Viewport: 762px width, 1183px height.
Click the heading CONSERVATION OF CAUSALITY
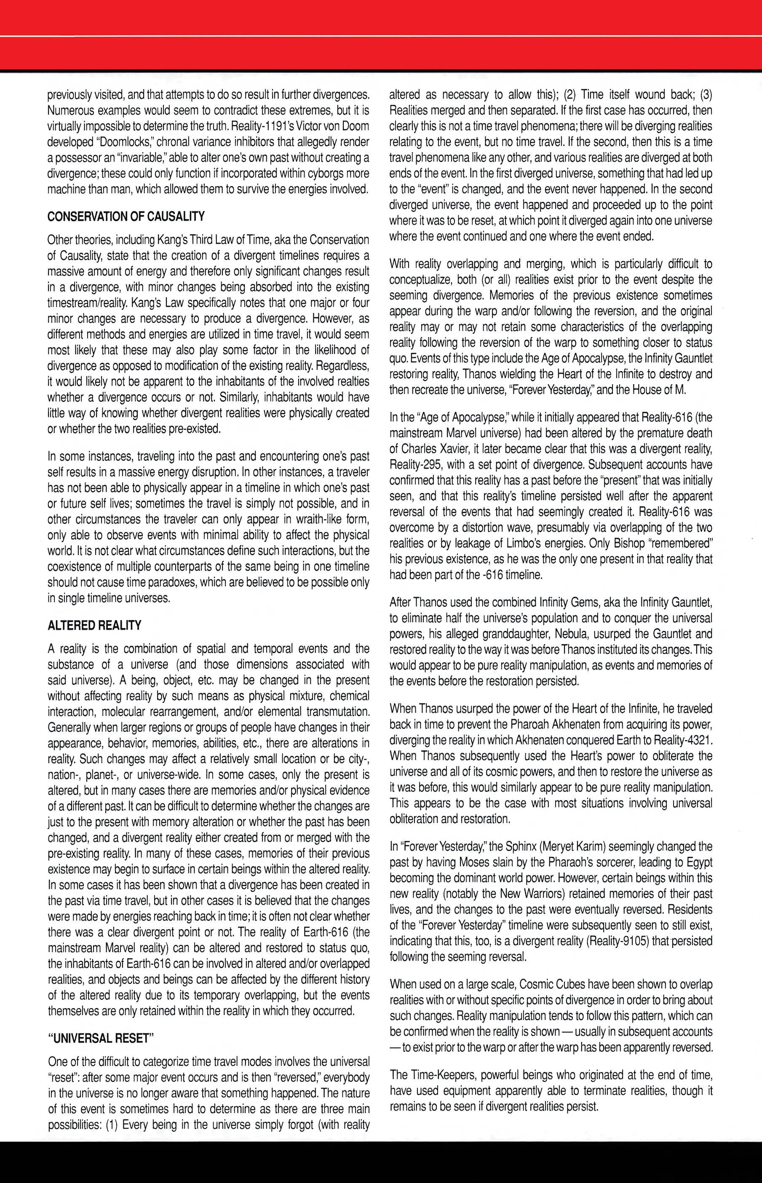pos(126,216)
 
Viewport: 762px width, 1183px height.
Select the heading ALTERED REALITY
pos(94,625)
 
